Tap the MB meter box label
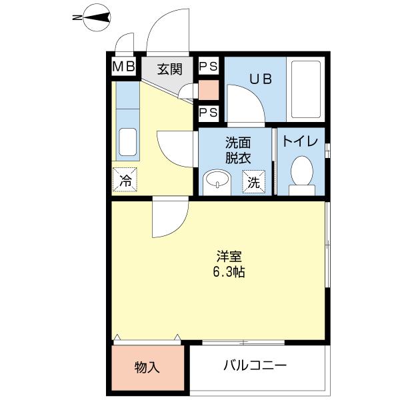[x=123, y=67]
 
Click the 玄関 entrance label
[x=170, y=68]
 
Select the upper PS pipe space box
[x=208, y=67]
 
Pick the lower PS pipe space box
[x=208, y=112]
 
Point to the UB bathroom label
[x=260, y=79]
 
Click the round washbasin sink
[x=215, y=181]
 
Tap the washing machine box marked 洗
[x=254, y=181]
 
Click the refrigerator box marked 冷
[x=125, y=179]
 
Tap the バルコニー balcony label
[x=255, y=365]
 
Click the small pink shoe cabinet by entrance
[x=208, y=90]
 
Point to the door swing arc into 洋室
[x=169, y=219]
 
